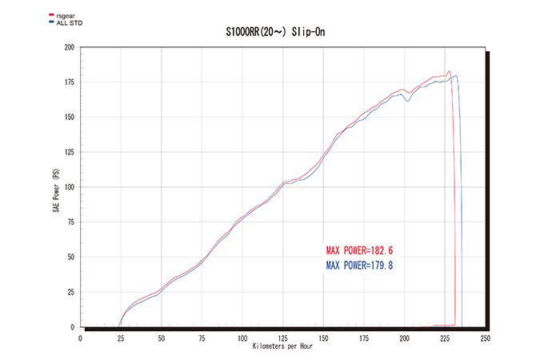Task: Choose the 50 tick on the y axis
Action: coord(70,258)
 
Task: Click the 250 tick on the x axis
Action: coord(486,338)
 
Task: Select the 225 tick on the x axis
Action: coord(445,338)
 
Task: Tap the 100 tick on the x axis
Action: coord(242,338)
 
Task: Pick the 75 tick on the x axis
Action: coord(202,338)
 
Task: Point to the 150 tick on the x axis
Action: coord(324,338)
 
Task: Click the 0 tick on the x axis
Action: coord(81,338)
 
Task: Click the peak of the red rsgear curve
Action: coord(449,71)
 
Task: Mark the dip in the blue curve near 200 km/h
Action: coord(408,102)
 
